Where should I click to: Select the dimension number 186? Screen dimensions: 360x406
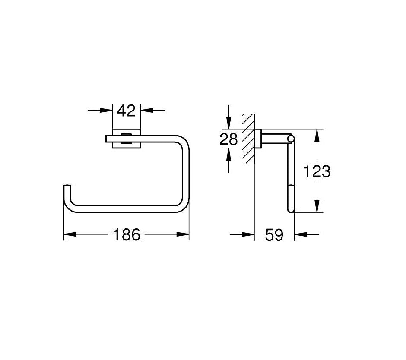127,235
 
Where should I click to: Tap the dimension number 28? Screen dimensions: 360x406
228,139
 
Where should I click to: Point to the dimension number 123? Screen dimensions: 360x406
317,171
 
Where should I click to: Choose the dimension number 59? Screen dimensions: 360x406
274,235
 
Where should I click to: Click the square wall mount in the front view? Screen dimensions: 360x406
127,139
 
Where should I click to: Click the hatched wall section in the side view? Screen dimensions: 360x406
248,138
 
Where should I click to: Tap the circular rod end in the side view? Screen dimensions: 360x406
291,139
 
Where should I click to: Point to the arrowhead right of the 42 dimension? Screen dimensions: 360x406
147,111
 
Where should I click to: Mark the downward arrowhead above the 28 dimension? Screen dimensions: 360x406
228,123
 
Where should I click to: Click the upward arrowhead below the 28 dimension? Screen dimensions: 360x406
228,154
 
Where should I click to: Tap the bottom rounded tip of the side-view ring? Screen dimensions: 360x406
291,210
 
